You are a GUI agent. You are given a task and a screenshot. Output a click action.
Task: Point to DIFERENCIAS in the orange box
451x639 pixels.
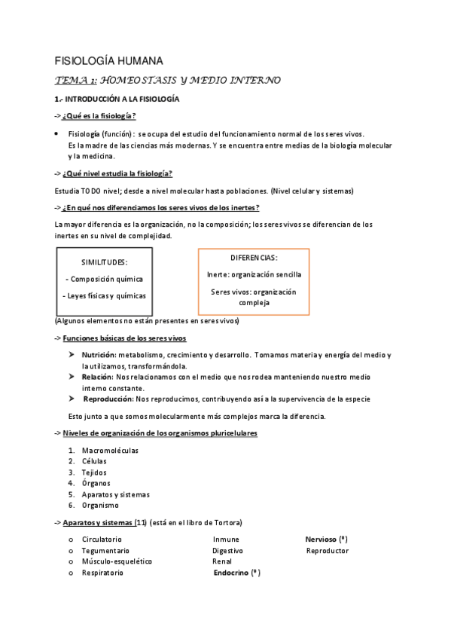pos(254,257)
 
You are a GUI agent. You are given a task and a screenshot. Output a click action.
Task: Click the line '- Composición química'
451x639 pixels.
pos(104,279)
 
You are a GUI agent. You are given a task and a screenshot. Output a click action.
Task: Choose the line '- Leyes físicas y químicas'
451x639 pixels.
pos(104,295)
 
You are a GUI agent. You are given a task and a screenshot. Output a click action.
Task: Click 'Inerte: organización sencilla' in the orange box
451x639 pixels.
pos(254,274)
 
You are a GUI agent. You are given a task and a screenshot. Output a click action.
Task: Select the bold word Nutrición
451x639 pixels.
pos(98,354)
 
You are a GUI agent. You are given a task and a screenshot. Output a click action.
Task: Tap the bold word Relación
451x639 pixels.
pos(97,376)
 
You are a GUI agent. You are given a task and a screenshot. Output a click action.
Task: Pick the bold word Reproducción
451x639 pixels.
pos(108,399)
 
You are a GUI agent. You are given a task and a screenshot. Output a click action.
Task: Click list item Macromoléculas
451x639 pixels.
pos(110,450)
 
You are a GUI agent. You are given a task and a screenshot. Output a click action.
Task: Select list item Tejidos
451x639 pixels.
pos(94,472)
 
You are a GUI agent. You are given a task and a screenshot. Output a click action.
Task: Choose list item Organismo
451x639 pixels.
pos(100,505)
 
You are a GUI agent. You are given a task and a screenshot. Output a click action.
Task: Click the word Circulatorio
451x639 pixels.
pos(102,540)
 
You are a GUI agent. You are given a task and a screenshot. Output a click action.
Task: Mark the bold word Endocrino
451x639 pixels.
pos(233,573)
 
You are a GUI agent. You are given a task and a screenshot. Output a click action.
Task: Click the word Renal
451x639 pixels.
pos(222,561)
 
